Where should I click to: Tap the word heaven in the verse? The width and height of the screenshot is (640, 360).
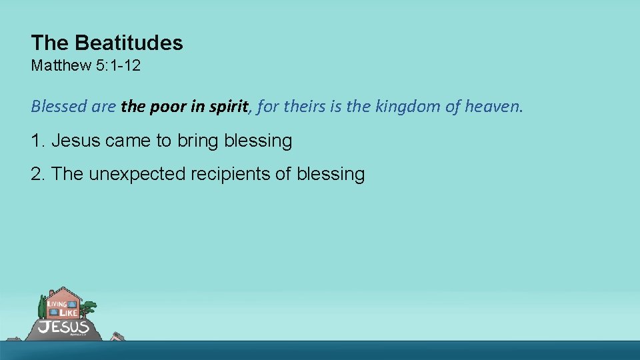coord(494,106)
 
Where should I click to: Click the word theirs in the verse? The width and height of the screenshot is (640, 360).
coord(304,106)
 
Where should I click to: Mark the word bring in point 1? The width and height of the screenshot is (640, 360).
coord(198,141)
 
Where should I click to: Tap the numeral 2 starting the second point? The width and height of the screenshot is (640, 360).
coord(36,175)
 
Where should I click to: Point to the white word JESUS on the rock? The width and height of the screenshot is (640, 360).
coord(63,327)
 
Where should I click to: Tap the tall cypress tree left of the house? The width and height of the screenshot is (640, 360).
coord(43,307)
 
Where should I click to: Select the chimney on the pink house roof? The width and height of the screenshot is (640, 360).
coord(52,293)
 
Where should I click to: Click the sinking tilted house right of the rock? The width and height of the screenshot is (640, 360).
coord(117,336)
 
